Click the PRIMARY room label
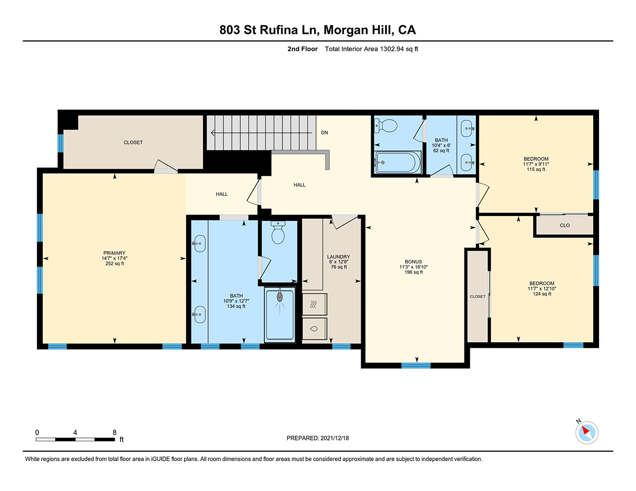point(114,253)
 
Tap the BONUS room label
point(413,262)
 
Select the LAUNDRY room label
point(339,257)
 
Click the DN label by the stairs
point(324,133)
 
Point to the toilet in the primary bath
point(278,233)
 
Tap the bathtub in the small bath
point(397,162)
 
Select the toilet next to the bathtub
point(386,125)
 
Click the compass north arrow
point(585,431)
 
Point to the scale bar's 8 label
point(115,432)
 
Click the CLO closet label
point(565,225)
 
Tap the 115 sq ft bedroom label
point(536,170)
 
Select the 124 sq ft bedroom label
point(542,294)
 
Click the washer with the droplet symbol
point(314,329)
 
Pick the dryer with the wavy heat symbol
point(314,305)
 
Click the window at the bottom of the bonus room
point(416,366)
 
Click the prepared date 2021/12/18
point(335,438)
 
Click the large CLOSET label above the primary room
point(133,143)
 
